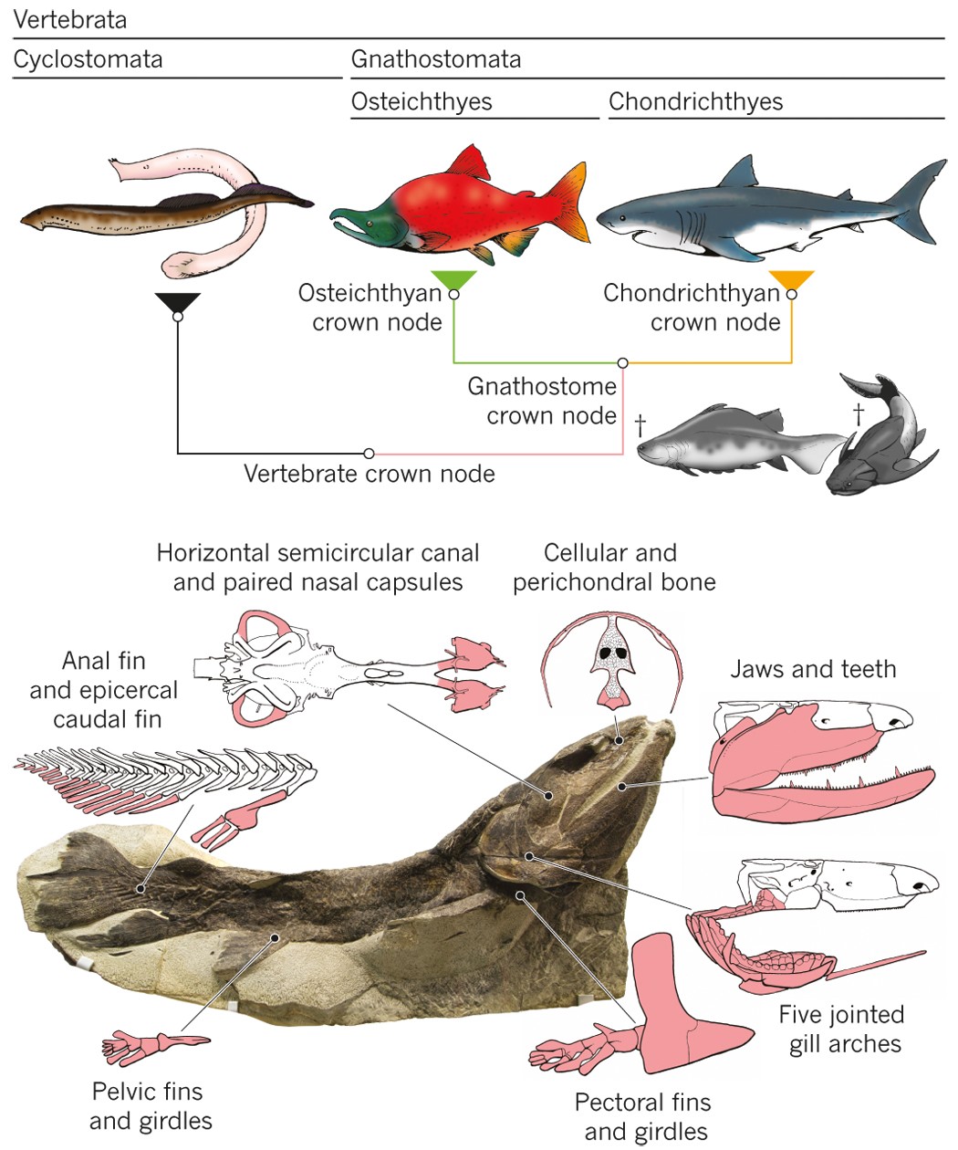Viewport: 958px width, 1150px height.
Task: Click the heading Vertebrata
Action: (x=70, y=19)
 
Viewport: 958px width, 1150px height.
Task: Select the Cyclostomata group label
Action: (x=88, y=60)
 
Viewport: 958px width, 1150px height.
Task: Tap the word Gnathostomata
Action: (x=436, y=60)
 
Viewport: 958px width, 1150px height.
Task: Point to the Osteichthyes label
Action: (x=422, y=101)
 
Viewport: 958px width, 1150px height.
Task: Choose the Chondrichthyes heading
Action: (x=695, y=101)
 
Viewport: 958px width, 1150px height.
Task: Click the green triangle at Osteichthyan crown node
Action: (x=453, y=280)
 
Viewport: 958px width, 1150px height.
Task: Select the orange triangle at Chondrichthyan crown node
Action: (x=791, y=280)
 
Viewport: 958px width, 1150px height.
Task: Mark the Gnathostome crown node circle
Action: (x=623, y=363)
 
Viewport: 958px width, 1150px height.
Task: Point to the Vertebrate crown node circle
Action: (x=369, y=453)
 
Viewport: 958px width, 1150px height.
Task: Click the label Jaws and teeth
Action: (x=813, y=669)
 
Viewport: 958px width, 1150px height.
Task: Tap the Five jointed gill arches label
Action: (x=841, y=1029)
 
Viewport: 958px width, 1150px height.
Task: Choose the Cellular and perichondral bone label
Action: (x=613, y=567)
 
